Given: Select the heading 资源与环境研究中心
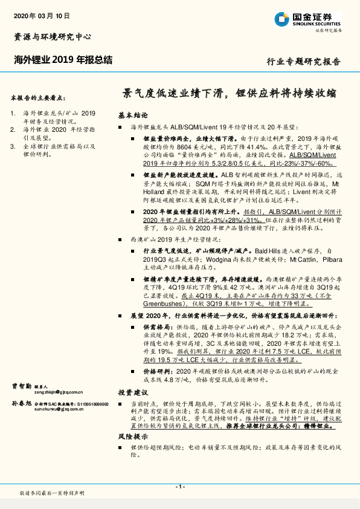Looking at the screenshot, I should (53, 37).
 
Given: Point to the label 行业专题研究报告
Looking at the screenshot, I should (303, 62).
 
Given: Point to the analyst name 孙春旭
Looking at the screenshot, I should (21, 403).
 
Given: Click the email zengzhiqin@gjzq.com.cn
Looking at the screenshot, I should (53, 392).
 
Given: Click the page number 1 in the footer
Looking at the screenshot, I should (179, 487).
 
